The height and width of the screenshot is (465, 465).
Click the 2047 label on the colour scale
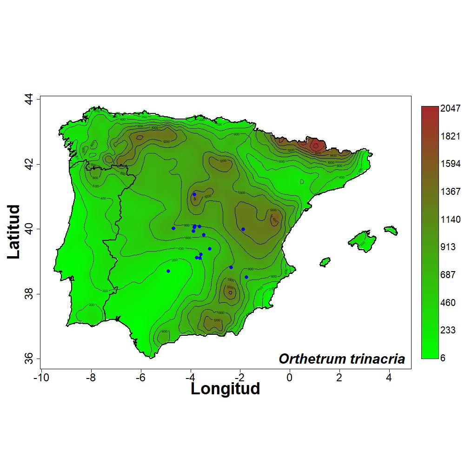[451, 109]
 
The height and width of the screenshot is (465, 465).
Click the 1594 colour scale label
[451, 164]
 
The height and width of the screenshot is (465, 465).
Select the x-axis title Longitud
[225, 388]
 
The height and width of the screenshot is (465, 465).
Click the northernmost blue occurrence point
[194, 194]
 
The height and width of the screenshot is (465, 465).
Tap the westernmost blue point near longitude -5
[168, 271]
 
